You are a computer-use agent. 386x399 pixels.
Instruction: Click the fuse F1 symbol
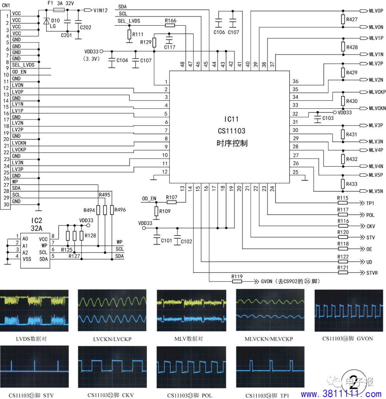pyautogui.click(x=59, y=10)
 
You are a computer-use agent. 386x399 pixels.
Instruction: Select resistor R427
pyautogui.click(x=343, y=19)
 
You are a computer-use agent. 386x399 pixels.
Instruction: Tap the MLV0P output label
pyautogui.click(x=376, y=11)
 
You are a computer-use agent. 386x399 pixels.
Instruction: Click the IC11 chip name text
pyautogui.click(x=231, y=119)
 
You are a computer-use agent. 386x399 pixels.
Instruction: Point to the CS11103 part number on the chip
pyautogui.click(x=232, y=131)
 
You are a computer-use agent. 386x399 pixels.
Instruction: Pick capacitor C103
pyautogui.click(x=317, y=118)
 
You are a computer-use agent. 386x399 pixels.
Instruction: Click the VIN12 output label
pyautogui.click(x=100, y=10)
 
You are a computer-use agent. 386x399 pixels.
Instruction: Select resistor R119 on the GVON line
pyautogui.click(x=237, y=281)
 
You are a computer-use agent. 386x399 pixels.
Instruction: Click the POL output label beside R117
pyautogui.click(x=370, y=215)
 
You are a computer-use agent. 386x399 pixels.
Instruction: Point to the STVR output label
pyautogui.click(x=372, y=273)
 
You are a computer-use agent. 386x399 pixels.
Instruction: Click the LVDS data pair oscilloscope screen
pyautogui.click(x=34, y=311)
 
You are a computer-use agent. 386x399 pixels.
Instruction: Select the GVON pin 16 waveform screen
pyautogui.click(x=348, y=311)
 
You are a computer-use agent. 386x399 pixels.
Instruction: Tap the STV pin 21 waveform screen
pyautogui.click(x=34, y=366)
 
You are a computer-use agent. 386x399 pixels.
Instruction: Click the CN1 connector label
pyautogui.click(x=6, y=5)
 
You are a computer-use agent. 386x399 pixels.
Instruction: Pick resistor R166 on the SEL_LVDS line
pyautogui.click(x=170, y=25)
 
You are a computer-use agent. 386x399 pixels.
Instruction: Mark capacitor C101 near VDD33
pyautogui.click(x=157, y=239)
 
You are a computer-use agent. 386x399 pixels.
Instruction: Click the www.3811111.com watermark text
pyautogui.click(x=341, y=394)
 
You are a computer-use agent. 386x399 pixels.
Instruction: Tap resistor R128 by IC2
pyautogui.click(x=81, y=235)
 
